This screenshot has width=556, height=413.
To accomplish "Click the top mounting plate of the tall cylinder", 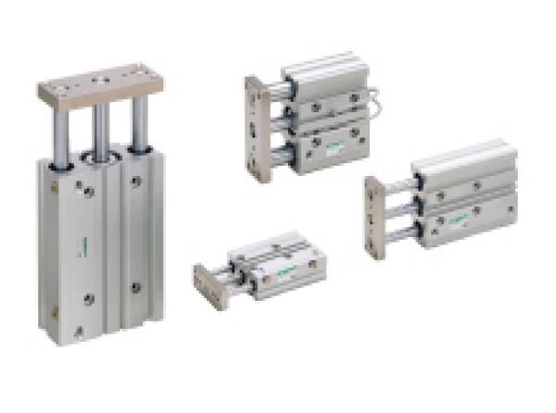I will click(100, 84).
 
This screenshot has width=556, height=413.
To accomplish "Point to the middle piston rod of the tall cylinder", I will click(101, 130).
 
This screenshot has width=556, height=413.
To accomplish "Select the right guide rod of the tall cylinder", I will click(139, 126).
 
